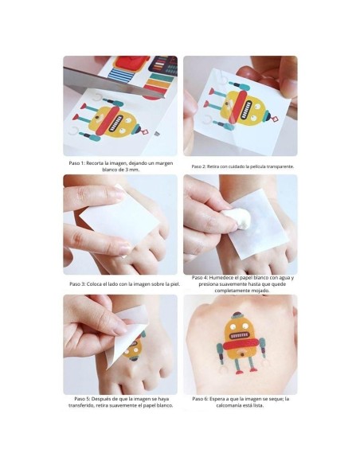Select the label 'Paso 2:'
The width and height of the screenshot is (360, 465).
[x=202, y=166]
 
